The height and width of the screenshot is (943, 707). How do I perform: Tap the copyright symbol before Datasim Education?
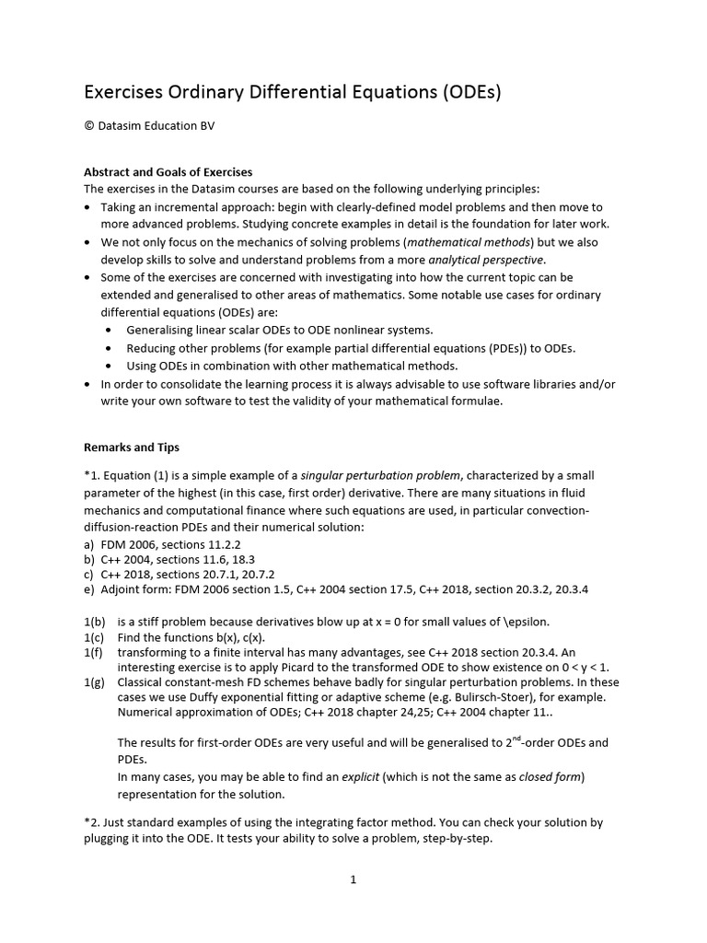click(89, 126)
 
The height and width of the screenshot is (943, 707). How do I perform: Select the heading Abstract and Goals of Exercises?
click(168, 172)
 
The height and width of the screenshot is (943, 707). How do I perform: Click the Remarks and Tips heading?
click(132, 448)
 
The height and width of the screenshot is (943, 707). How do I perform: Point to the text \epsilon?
click(524, 621)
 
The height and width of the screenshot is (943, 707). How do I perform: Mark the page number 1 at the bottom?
click(353, 879)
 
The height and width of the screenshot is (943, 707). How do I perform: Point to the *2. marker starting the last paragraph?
click(93, 821)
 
